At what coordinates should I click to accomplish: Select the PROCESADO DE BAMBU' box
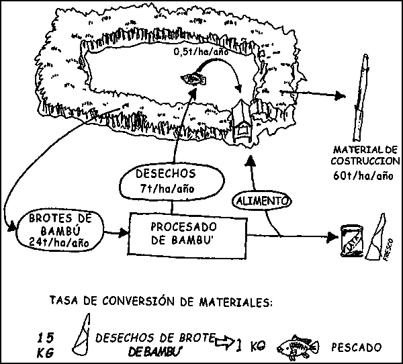(x=186, y=233)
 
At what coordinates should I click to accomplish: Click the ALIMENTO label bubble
(x=261, y=199)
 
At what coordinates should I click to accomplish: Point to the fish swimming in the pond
(x=194, y=80)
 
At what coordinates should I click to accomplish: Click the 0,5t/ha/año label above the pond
(x=201, y=51)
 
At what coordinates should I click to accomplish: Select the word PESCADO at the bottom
(x=355, y=347)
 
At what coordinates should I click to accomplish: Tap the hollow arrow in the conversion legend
(x=224, y=343)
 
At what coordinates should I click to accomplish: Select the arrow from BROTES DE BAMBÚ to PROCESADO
(x=116, y=233)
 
